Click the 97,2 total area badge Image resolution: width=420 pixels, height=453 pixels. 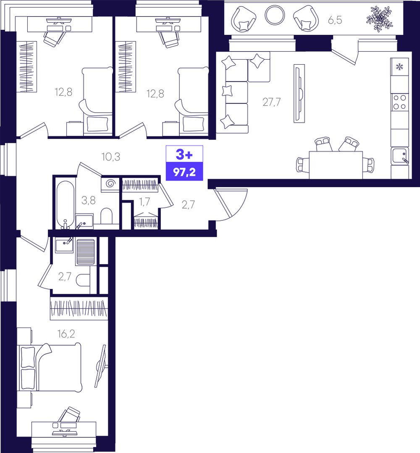tap(184, 172)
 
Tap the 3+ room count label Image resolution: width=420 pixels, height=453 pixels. tap(184, 155)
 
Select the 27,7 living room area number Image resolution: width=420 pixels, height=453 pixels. tap(271, 102)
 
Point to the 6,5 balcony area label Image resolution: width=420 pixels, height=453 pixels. tap(335, 21)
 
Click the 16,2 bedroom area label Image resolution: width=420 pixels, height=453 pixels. tap(66, 334)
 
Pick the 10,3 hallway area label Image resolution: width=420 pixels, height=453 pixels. tap(111, 157)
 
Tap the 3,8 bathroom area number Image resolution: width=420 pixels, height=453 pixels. tap(88, 200)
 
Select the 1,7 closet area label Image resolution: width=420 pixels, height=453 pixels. tap(144, 202)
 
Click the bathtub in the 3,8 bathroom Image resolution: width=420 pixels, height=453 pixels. tap(66, 204)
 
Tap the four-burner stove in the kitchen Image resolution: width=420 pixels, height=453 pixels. tap(399, 102)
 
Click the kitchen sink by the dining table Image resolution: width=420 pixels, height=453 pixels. tap(400, 156)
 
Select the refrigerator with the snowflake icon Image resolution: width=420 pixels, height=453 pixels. tap(399, 67)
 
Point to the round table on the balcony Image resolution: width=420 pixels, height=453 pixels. tap(275, 15)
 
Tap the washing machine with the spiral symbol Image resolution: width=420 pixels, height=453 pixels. tap(110, 184)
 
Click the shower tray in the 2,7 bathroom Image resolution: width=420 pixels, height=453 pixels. tap(85, 252)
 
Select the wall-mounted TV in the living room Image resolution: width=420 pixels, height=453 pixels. tap(299, 93)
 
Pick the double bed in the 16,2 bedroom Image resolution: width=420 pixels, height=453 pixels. tap(50, 367)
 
